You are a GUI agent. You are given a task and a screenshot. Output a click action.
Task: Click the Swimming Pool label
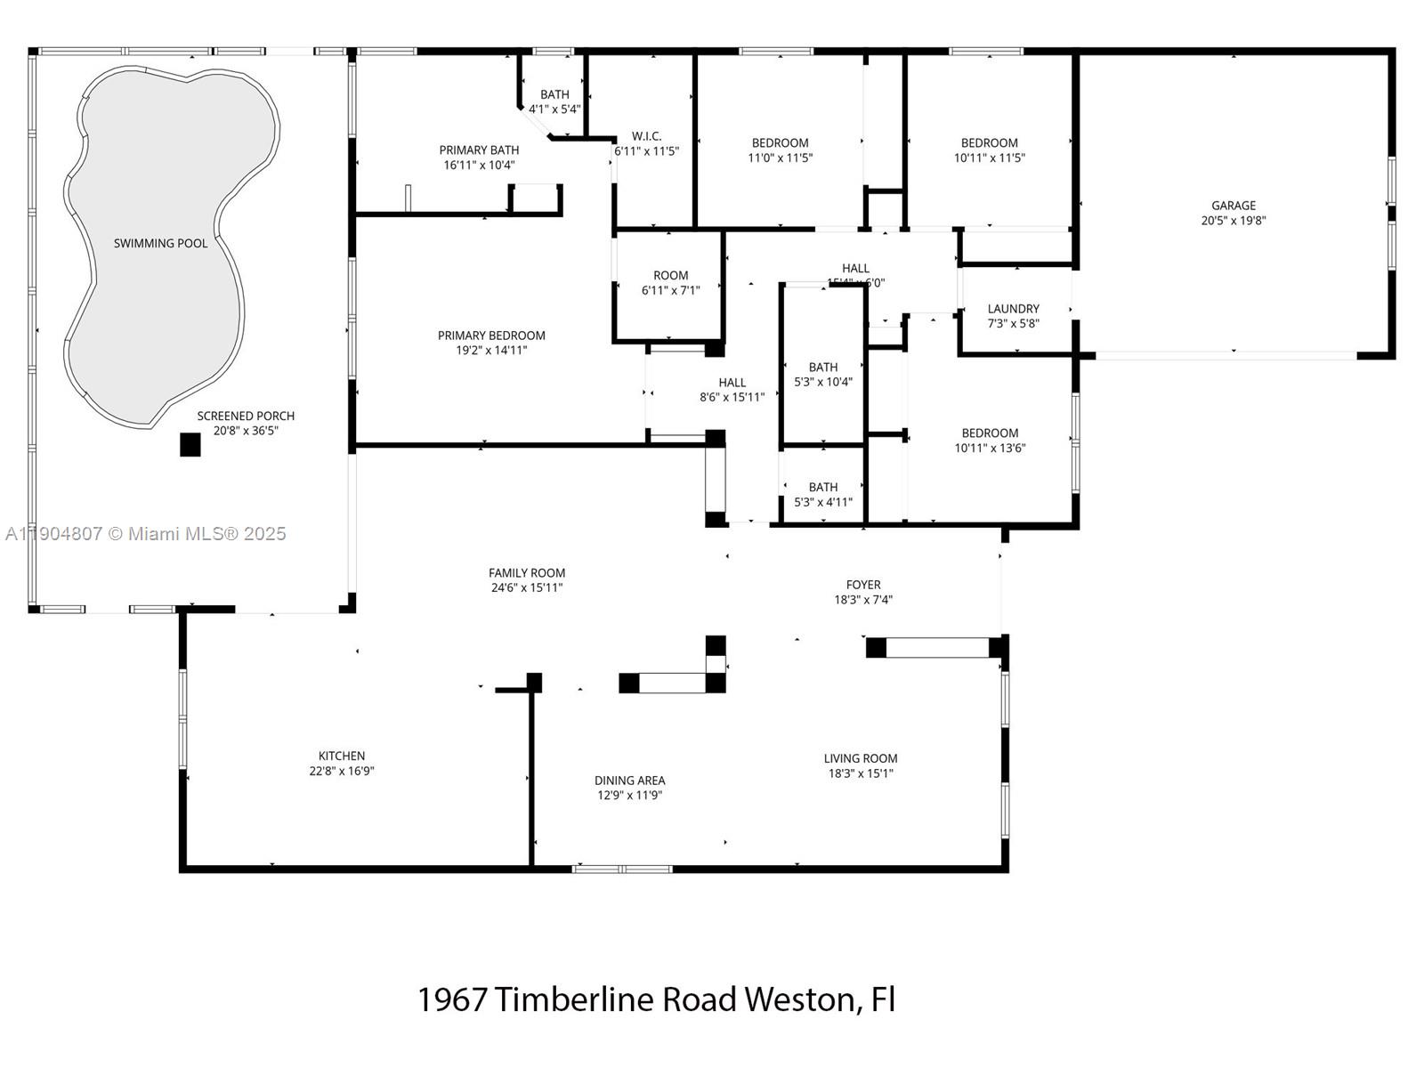[x=160, y=243]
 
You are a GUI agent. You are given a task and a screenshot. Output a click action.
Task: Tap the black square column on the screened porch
[x=190, y=444]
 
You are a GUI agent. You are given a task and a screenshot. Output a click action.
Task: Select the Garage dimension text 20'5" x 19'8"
[x=1233, y=221]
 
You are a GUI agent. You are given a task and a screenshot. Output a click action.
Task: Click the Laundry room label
[x=1013, y=309]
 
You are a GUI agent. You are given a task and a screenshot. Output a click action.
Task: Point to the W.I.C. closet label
[x=646, y=136]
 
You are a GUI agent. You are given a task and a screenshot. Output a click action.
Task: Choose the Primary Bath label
[x=479, y=150]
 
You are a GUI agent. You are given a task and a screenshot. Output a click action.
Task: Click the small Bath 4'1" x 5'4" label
[x=554, y=94]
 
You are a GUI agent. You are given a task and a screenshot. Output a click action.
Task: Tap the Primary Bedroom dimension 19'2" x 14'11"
[x=491, y=351]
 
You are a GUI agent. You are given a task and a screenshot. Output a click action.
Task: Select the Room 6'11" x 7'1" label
[x=670, y=276]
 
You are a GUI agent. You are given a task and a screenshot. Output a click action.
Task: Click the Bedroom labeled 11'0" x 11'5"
[x=780, y=143]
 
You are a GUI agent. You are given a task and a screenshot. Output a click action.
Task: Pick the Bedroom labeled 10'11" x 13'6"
[x=990, y=433]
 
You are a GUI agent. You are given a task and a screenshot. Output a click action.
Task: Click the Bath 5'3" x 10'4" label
[x=823, y=368]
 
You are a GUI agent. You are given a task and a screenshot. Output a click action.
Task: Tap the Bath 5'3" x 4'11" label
[x=823, y=488]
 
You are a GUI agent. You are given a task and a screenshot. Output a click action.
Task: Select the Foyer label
[x=863, y=585]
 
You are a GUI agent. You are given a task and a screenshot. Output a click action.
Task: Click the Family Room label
[x=527, y=573]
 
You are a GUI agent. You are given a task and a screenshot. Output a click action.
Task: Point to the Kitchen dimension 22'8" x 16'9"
[x=342, y=772]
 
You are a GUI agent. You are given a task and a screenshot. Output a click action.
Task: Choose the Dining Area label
[x=629, y=781]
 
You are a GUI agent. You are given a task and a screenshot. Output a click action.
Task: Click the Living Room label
[x=861, y=758]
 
